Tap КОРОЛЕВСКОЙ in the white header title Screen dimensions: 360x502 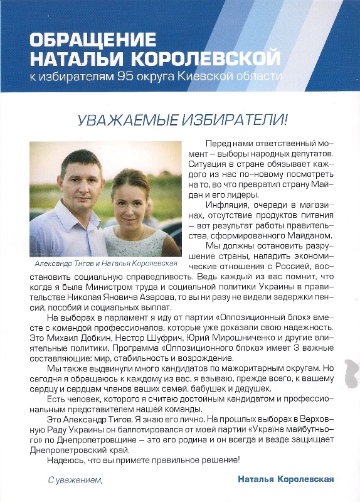211,59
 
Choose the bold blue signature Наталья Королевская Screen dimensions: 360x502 285,479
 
